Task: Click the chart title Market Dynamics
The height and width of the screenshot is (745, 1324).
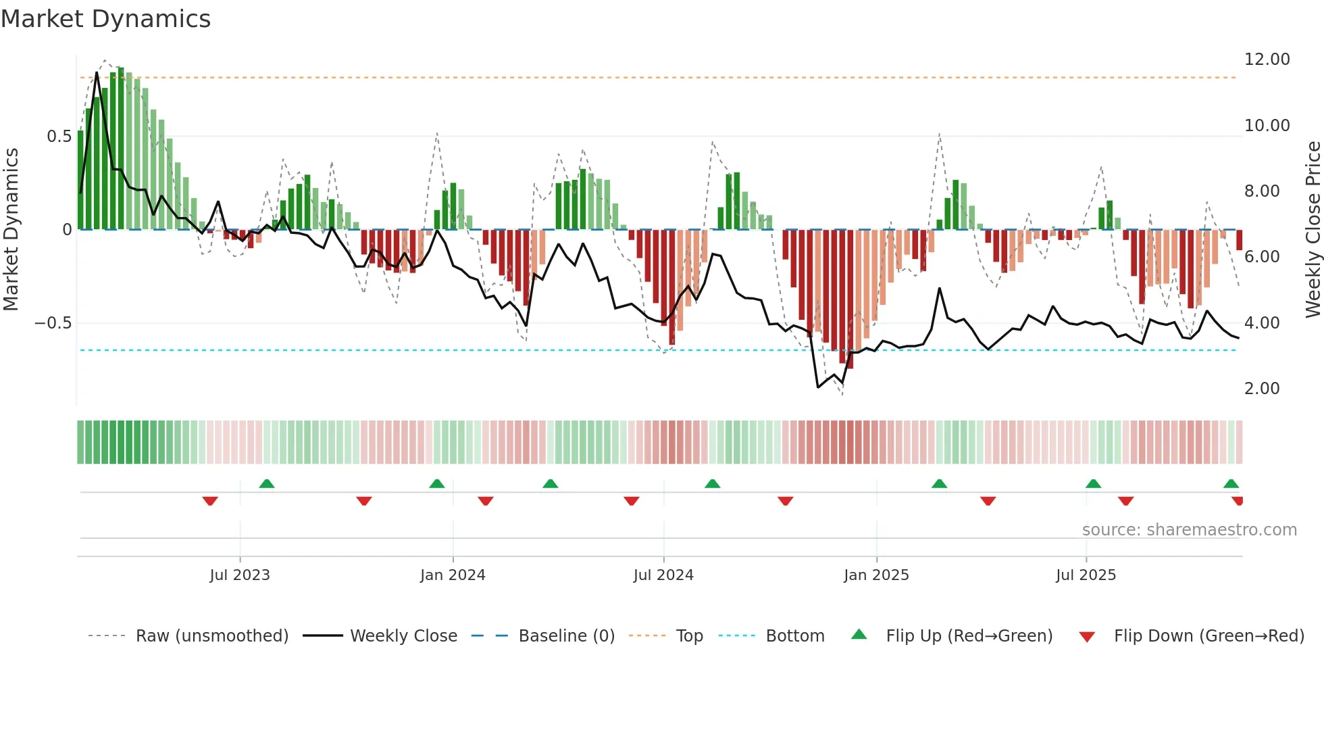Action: pyautogui.click(x=106, y=19)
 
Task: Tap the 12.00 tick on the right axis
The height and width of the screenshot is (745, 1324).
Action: pyautogui.click(x=1267, y=59)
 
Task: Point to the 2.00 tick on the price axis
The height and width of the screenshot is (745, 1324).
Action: pyautogui.click(x=1261, y=389)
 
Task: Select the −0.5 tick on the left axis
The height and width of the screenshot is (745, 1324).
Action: pyautogui.click(x=53, y=323)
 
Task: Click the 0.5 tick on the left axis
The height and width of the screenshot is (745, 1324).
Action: pyautogui.click(x=59, y=137)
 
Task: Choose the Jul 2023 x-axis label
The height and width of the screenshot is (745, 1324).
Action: pyautogui.click(x=240, y=575)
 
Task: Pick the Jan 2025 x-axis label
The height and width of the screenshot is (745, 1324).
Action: pyautogui.click(x=876, y=575)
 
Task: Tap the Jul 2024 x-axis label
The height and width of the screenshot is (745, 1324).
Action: pyautogui.click(x=663, y=575)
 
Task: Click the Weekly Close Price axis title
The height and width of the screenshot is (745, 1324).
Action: pyautogui.click(x=1313, y=230)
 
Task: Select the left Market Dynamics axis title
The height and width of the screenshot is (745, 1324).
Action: pyautogui.click(x=11, y=230)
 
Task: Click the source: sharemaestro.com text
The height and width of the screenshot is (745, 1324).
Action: pyautogui.click(x=1189, y=530)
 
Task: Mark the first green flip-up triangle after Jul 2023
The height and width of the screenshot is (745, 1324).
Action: pyautogui.click(x=267, y=483)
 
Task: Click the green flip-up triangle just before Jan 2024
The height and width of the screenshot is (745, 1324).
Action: pyautogui.click(x=437, y=483)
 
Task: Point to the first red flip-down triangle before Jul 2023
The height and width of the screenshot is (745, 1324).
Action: pyautogui.click(x=210, y=501)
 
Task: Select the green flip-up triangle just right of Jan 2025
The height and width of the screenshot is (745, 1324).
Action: pyautogui.click(x=939, y=483)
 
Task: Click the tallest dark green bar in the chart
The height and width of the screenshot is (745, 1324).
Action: pyautogui.click(x=121, y=149)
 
